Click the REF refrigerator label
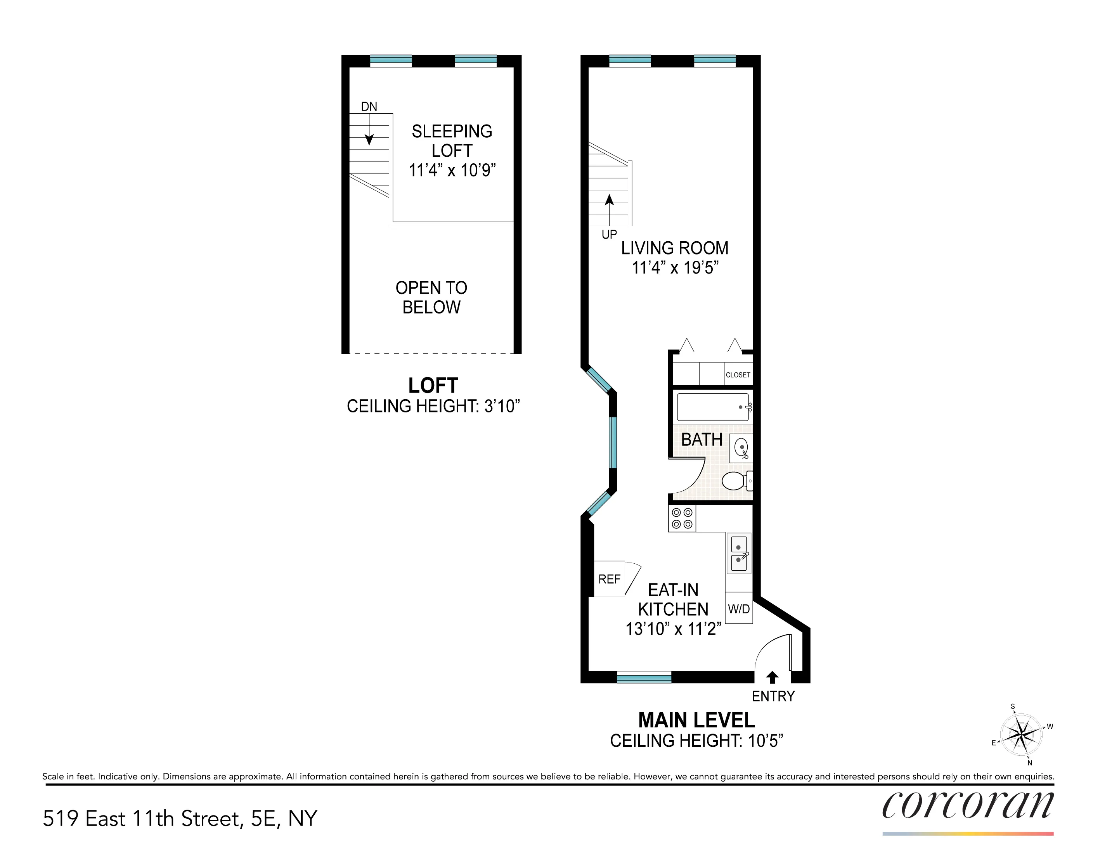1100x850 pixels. click(x=609, y=579)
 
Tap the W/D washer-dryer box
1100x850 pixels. click(x=738, y=609)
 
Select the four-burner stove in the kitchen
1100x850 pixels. click(x=682, y=518)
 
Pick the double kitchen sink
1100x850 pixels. click(x=738, y=553)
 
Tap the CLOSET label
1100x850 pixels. click(x=738, y=375)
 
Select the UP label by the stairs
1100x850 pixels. click(x=609, y=234)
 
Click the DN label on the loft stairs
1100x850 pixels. click(x=369, y=106)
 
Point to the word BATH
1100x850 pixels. click(x=701, y=440)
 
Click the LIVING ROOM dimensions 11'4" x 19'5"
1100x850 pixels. click(x=675, y=267)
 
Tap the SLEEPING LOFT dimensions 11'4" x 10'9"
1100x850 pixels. click(x=452, y=170)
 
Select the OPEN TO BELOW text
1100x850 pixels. click(x=431, y=297)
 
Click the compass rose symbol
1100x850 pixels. click(x=1020, y=735)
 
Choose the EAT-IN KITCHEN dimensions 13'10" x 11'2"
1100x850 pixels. click(x=673, y=629)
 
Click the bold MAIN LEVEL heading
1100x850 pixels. click(x=696, y=720)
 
